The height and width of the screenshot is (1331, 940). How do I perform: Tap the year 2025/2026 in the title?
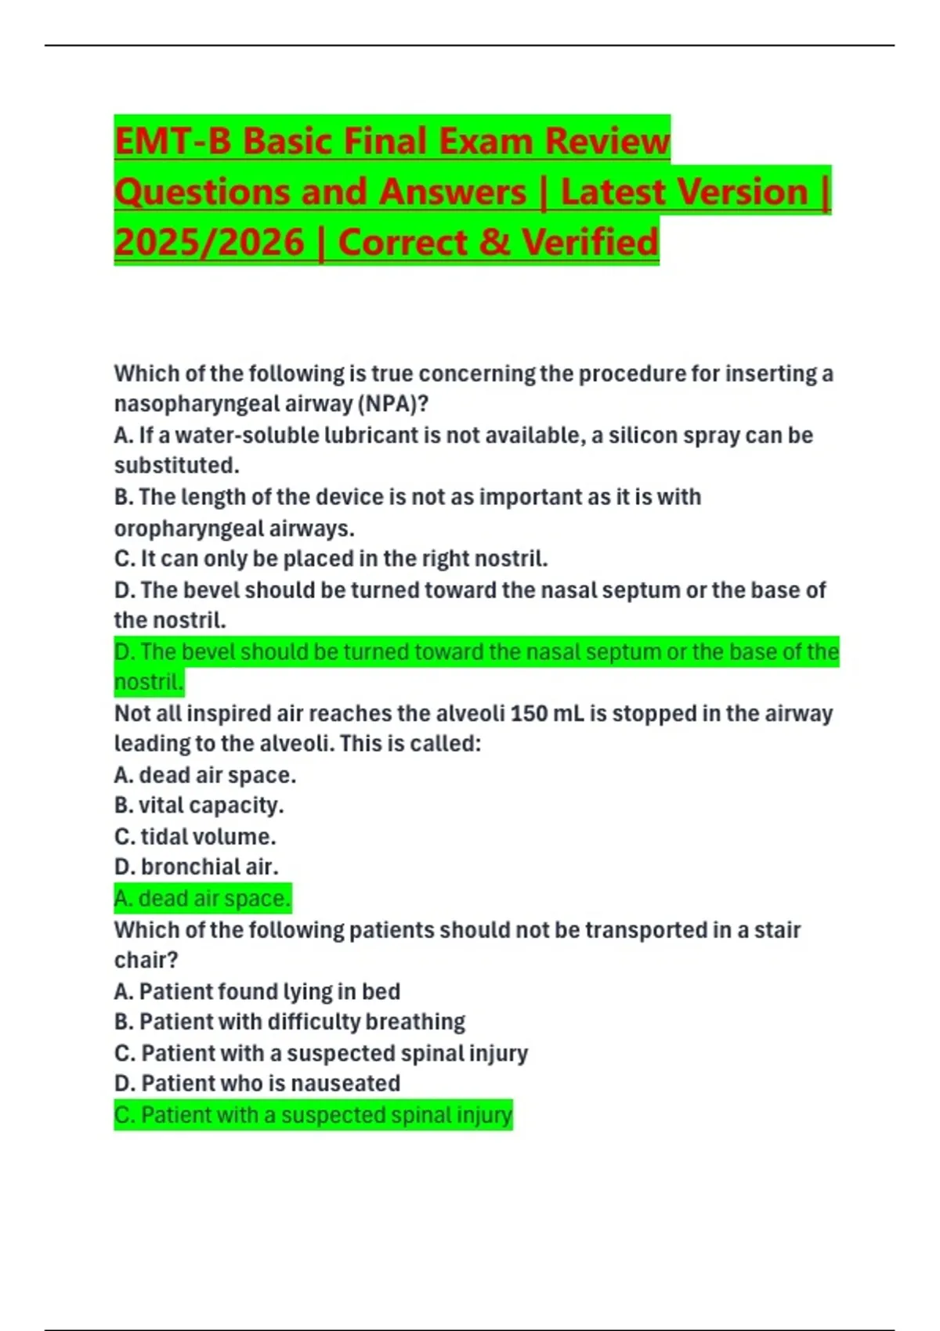(209, 242)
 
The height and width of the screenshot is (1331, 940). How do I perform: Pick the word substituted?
(177, 465)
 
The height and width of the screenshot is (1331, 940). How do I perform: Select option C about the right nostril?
(331, 559)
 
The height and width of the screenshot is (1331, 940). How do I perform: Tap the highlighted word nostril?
(149, 682)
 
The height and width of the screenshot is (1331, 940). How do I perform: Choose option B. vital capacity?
(199, 805)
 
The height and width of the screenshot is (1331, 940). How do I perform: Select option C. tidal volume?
(195, 836)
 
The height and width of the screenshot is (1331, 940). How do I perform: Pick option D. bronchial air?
(196, 867)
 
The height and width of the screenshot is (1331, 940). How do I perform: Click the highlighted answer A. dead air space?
(203, 898)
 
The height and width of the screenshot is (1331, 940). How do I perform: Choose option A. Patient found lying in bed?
(257, 991)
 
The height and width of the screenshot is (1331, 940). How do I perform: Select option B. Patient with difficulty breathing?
(290, 1022)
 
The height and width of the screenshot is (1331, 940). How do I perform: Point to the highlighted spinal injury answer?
(313, 1115)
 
